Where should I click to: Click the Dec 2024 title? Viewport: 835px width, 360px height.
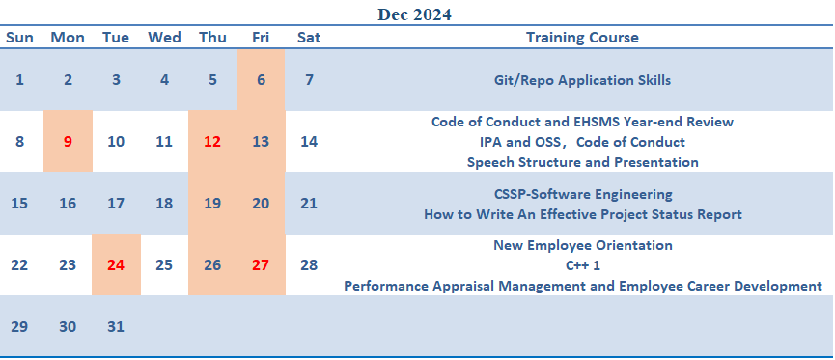(414, 14)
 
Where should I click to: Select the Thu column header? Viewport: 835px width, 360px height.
(212, 38)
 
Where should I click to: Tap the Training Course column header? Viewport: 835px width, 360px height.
(583, 38)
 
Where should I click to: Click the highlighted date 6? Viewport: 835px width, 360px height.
(261, 80)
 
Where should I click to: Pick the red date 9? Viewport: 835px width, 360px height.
(68, 142)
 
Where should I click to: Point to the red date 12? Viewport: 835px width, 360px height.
(212, 142)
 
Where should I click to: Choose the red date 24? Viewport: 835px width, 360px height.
(116, 265)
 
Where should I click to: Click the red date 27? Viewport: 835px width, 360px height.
(261, 265)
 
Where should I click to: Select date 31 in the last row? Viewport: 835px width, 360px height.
(116, 327)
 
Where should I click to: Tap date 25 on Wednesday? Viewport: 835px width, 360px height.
(164, 265)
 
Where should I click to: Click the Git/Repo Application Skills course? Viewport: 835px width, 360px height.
(583, 80)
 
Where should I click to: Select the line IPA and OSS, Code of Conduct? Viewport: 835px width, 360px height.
(583, 142)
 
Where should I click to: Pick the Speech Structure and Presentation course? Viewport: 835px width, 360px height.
(583, 162)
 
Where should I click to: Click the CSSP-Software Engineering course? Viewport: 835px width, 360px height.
(583, 194)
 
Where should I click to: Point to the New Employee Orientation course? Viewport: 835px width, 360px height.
(583, 245)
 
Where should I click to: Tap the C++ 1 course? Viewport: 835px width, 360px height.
(583, 265)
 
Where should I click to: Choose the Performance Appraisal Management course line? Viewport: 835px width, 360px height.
(583, 286)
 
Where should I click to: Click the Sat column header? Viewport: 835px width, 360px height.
(309, 38)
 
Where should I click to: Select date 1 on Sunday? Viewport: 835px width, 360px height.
(19, 80)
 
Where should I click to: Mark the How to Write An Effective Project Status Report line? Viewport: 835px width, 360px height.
(583, 214)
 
